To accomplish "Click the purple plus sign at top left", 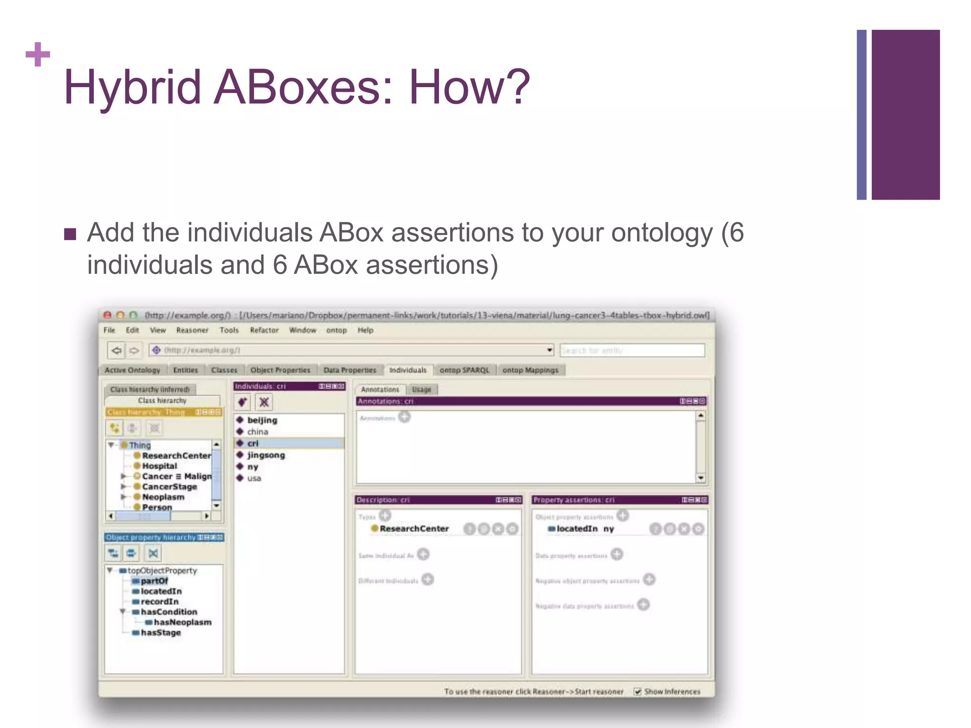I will (x=38, y=54).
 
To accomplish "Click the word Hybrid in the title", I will (x=133, y=87).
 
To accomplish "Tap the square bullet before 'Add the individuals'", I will (x=70, y=234).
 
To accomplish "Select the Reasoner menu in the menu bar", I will (x=192, y=330).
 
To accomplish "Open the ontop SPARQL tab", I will (x=464, y=370).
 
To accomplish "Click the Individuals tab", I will (x=408, y=370).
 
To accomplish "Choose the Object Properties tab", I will (x=280, y=370).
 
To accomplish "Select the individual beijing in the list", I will (x=262, y=420).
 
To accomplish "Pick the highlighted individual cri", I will (x=253, y=444).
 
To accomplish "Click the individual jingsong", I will (x=266, y=455).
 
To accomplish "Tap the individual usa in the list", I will (x=254, y=479).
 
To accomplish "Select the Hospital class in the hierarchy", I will (x=159, y=466).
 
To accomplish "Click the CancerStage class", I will (x=169, y=487).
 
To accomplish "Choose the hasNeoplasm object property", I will (x=183, y=622).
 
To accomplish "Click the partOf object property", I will (x=154, y=581).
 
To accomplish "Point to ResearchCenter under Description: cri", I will (x=414, y=529).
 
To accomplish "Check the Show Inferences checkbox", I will (x=638, y=692).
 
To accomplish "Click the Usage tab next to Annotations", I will (x=421, y=390).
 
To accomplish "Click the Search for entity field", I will (x=632, y=351).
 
